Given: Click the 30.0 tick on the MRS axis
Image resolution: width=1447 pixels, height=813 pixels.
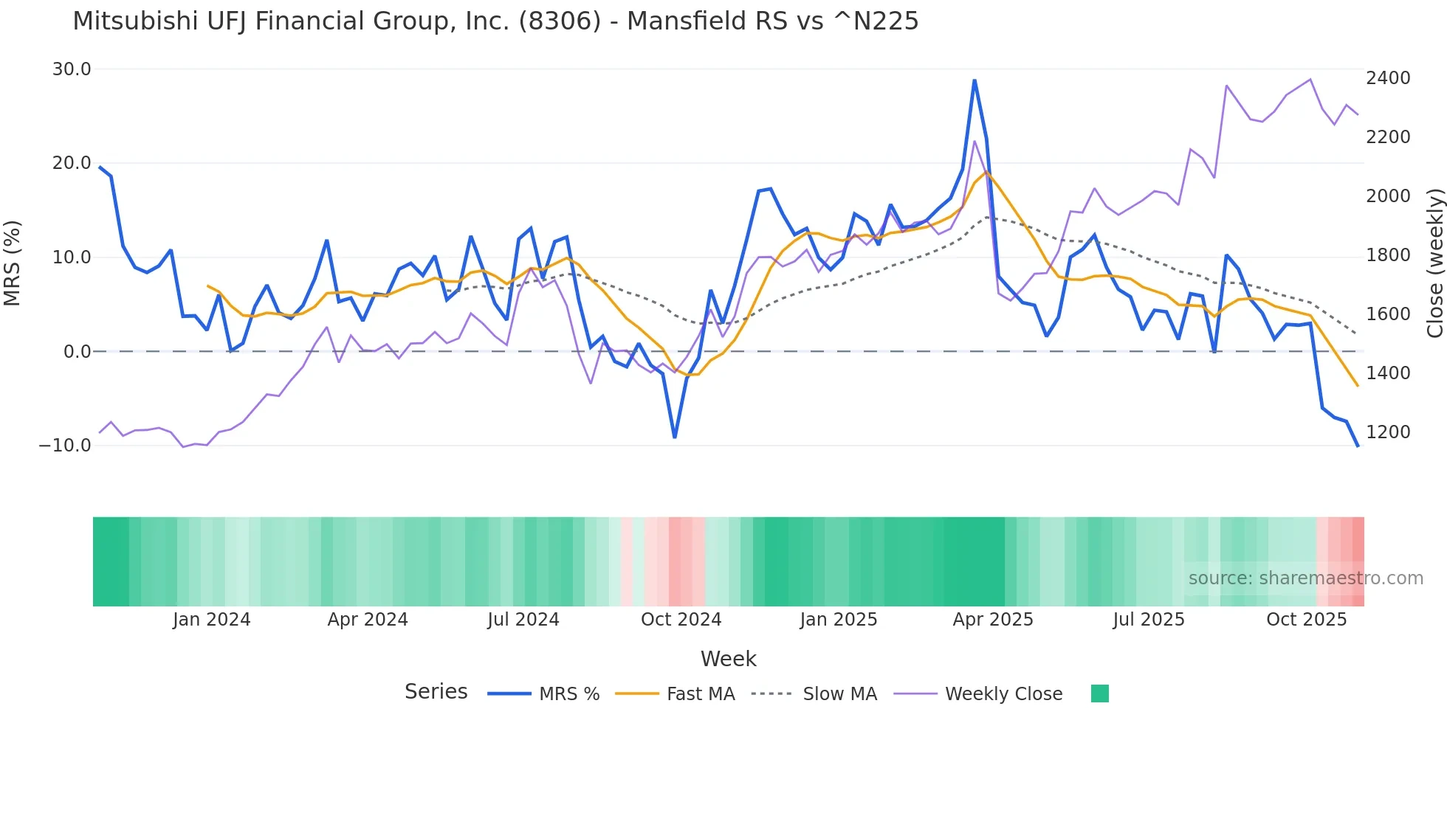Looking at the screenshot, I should click(x=72, y=69).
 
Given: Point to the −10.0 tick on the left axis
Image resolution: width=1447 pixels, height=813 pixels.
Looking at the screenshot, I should click(x=65, y=446).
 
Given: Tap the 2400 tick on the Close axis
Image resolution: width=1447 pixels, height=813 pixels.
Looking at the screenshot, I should click(x=1388, y=78).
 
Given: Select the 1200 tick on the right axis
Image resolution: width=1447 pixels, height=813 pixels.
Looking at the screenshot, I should click(x=1388, y=432).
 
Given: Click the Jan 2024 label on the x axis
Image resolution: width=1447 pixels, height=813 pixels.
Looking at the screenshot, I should click(x=212, y=620).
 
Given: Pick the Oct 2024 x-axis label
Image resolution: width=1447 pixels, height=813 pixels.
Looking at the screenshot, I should click(x=681, y=620).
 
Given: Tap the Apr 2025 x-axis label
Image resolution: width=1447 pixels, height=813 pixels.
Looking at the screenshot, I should click(x=993, y=620).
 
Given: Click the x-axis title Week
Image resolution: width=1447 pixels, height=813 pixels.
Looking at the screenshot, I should click(x=728, y=659).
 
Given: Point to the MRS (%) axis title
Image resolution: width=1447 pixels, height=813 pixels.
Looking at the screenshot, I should click(x=13, y=263).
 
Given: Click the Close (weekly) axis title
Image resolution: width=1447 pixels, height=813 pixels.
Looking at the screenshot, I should click(x=1434, y=263).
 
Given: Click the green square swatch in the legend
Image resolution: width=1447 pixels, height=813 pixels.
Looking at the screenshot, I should click(x=1100, y=693).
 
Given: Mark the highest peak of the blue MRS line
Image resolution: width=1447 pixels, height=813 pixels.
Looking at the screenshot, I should click(x=975, y=80).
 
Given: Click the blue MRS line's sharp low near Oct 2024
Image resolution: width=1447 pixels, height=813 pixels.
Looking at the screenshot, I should click(x=675, y=437).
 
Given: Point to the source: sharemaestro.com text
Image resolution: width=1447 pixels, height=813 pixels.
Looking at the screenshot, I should click(x=1305, y=578).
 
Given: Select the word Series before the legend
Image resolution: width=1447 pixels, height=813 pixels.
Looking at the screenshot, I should click(x=436, y=692).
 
